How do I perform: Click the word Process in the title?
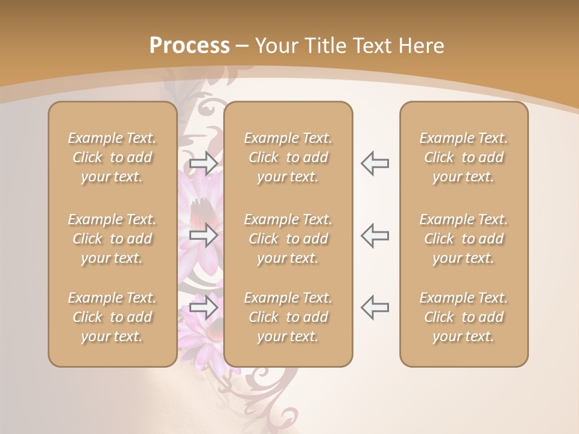(x=189, y=46)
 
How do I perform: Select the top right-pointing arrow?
(x=204, y=163)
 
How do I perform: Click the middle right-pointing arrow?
(x=204, y=235)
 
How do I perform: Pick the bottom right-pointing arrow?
(x=204, y=307)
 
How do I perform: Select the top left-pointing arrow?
(x=375, y=163)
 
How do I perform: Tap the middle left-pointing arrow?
(x=375, y=235)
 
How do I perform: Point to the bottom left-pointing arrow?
(x=375, y=307)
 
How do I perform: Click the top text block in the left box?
(x=112, y=157)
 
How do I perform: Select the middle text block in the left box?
(x=112, y=239)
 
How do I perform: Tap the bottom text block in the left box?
(x=112, y=317)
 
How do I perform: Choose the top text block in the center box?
(x=288, y=157)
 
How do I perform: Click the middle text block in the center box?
(x=288, y=239)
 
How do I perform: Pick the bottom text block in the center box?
(x=288, y=317)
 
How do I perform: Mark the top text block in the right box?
(x=464, y=157)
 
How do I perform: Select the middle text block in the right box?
(x=464, y=239)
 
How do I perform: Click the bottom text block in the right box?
(x=464, y=317)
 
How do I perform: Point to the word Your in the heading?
(x=276, y=46)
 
